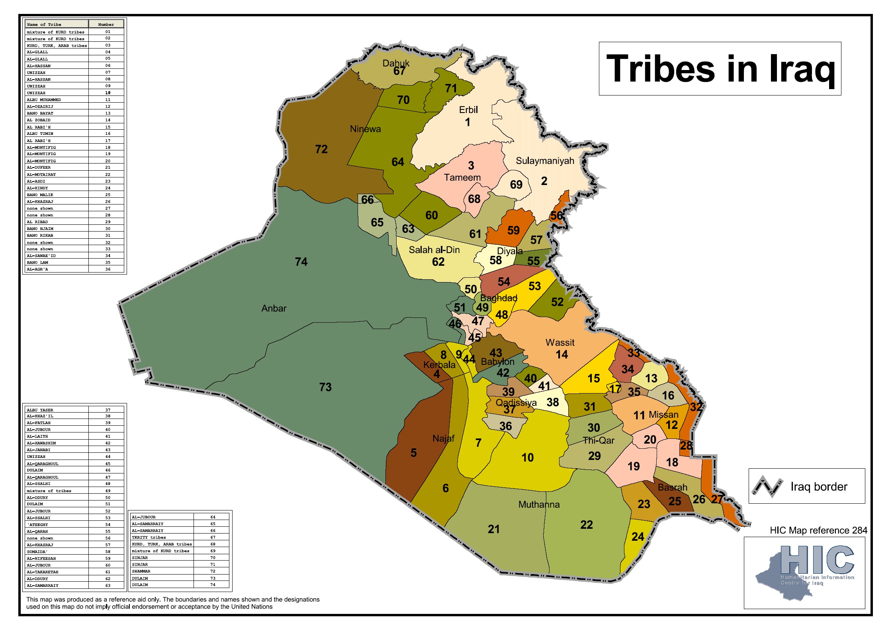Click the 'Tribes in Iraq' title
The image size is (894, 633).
pos(720,69)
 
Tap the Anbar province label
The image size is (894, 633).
pos(274,308)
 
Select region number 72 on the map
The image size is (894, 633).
pos(321,149)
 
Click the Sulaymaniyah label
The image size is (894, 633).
pos(545,161)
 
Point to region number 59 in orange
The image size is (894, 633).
pos(513,230)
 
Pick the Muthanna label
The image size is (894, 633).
pos(539,504)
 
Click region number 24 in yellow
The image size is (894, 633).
pos(638,537)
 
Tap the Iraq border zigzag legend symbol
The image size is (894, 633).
pos(767,486)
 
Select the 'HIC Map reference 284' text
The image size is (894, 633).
pos(818,530)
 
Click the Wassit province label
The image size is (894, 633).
pos(560,343)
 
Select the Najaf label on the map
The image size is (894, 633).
pos(443,438)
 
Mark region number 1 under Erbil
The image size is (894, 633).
pos(468,122)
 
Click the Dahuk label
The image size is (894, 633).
pos(396,63)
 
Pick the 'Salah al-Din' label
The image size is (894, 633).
pos(434,250)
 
